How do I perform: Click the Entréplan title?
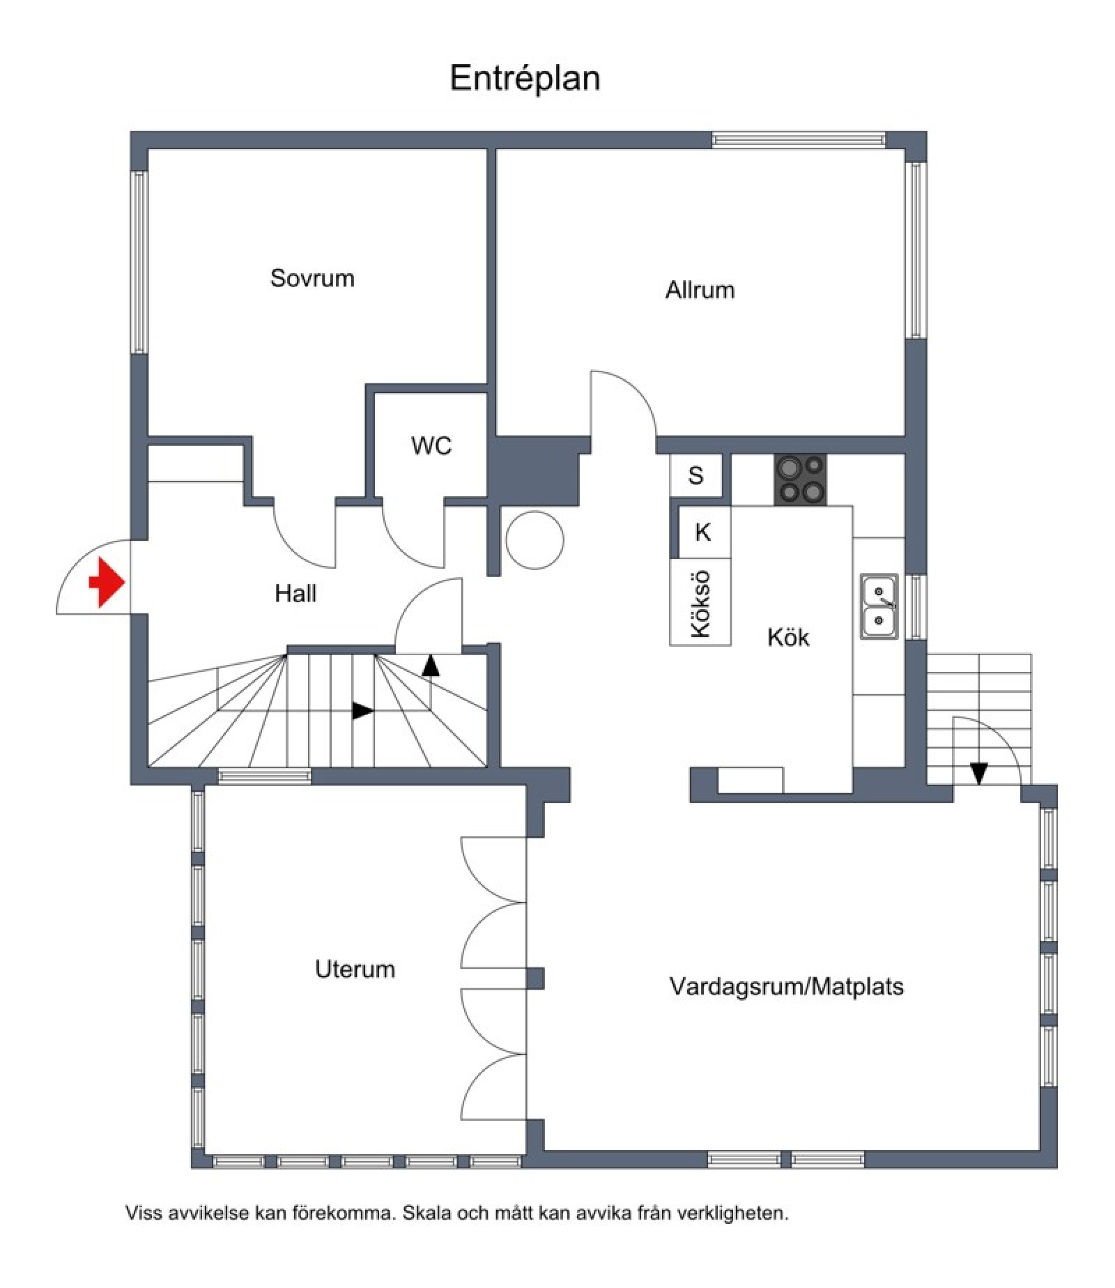pos(525,79)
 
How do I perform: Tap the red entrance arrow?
pos(107,582)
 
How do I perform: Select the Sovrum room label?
pos(312,278)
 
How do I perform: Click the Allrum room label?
pos(700,289)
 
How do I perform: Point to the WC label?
pos(431,445)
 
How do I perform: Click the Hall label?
pos(295,593)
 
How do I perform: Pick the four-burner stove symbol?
pos(801,480)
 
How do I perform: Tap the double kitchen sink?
pos(879,606)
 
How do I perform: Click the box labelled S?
pos(695,476)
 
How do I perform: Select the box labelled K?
pos(703,532)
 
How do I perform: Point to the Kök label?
pos(788,637)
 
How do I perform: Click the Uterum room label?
pos(355,969)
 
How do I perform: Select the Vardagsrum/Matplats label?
pos(787,986)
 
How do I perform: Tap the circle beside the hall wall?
pos(535,540)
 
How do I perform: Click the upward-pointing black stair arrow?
pos(431,666)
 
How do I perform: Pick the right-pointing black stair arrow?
pos(363,711)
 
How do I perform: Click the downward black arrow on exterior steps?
pos(979,773)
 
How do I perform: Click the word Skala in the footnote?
pos(429,1213)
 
